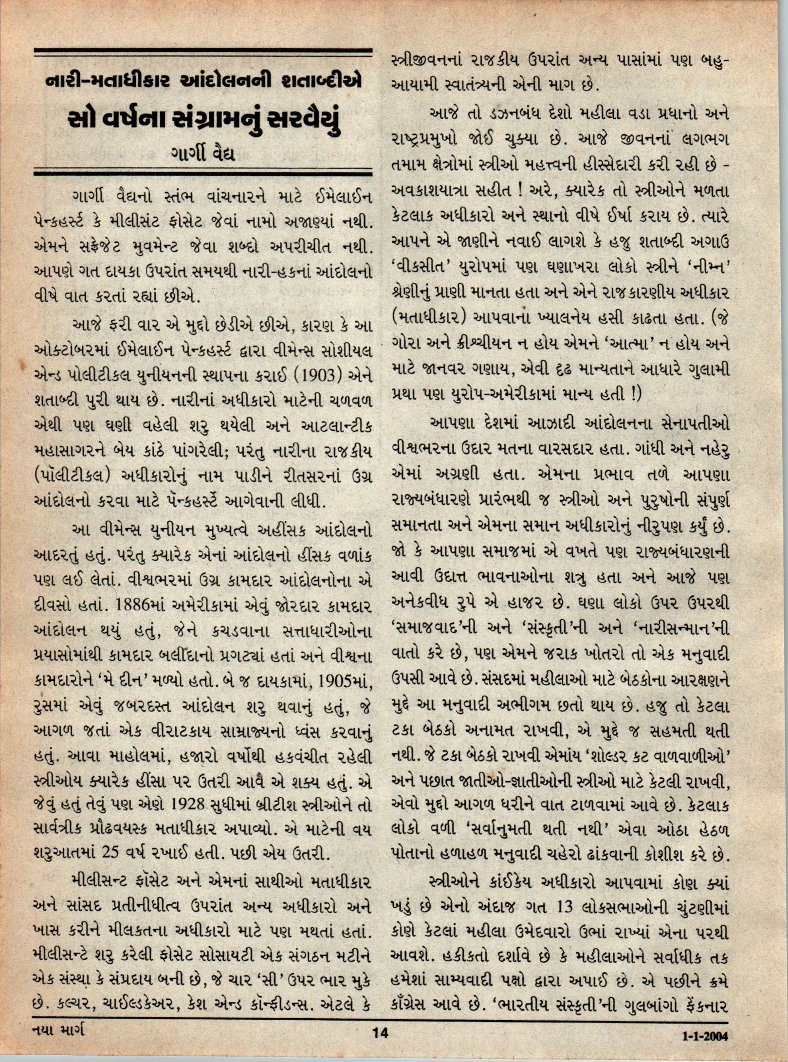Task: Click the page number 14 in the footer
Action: [379, 1043]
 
